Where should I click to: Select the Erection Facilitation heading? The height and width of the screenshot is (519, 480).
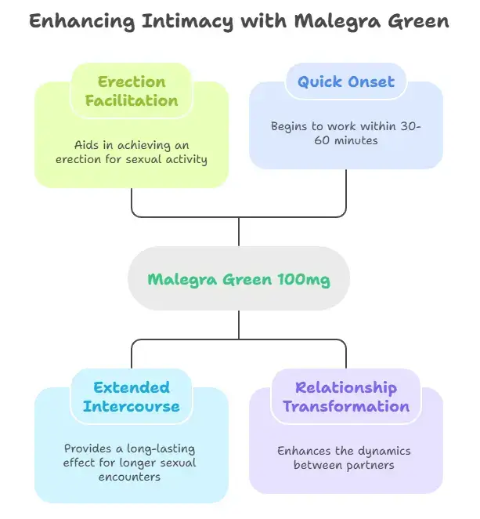point(132,91)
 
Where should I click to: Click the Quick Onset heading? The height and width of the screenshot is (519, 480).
point(345,81)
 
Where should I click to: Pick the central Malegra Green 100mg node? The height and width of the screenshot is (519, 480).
point(238,278)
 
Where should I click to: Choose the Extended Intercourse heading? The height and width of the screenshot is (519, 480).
point(132,397)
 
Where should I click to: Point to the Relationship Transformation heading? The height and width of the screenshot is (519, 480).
point(345,397)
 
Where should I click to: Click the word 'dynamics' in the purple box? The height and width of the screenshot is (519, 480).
point(384,450)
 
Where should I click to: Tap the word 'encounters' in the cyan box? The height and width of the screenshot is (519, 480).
point(131,477)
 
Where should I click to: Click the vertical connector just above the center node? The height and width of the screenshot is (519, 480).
point(238,231)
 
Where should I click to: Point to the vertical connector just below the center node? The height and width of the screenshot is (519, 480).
point(238,325)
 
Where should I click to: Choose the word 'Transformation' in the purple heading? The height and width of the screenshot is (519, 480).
point(345,406)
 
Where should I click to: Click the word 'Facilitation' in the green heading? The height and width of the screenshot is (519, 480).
point(132,100)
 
